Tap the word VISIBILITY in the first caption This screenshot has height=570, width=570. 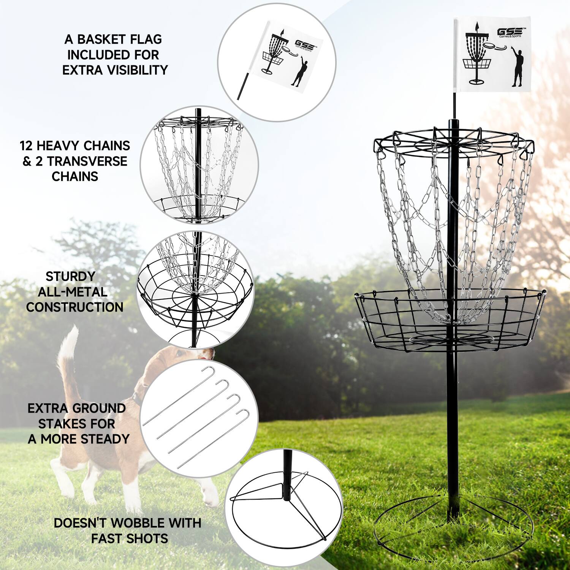click(x=135, y=70)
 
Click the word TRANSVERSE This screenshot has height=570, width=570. click(x=87, y=161)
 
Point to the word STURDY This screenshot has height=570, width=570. click(x=70, y=276)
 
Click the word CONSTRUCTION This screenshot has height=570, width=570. click(x=74, y=307)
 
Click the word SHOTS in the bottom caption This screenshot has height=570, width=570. click(x=147, y=538)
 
